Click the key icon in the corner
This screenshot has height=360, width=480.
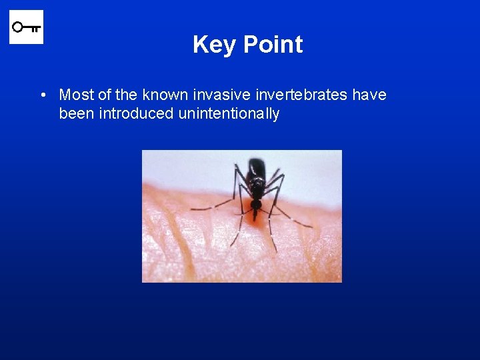[26, 27]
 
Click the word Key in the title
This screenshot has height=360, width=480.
[215, 45]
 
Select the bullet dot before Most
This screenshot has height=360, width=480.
[42, 95]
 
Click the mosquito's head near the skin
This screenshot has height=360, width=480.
[256, 204]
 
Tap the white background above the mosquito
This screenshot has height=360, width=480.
[187, 167]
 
